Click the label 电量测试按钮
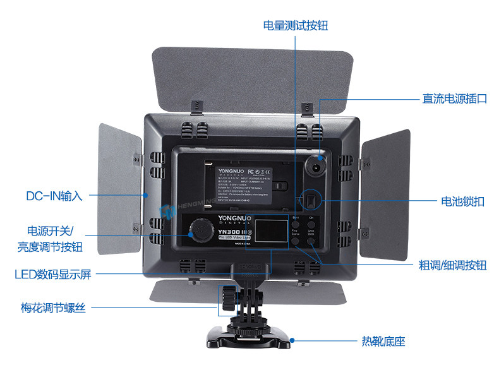tap(295, 25)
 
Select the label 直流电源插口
tap(455, 98)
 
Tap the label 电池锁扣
tap(462, 201)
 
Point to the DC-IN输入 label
tap(54, 196)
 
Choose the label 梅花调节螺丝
tap(53, 308)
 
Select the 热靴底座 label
tap(383, 342)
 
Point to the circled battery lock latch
tap(311, 200)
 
